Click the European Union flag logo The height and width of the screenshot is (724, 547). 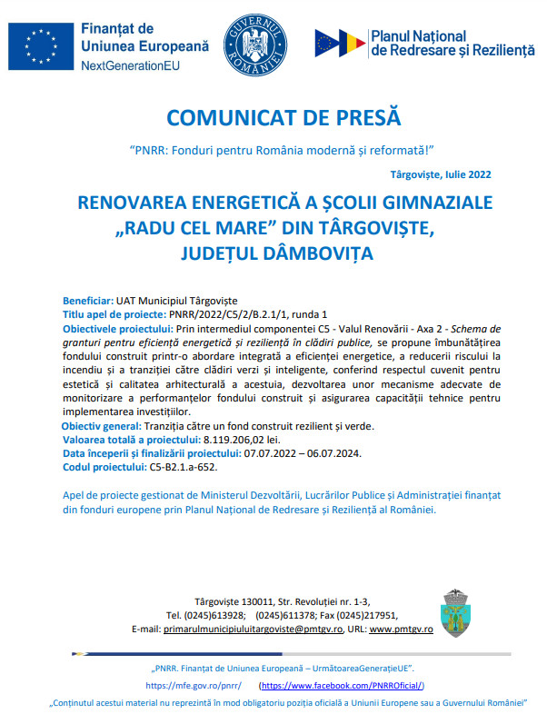click(40, 45)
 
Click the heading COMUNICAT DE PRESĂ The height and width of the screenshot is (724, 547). click(283, 119)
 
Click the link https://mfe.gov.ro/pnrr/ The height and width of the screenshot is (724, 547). click(193, 686)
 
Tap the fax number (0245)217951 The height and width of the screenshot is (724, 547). click(365, 615)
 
